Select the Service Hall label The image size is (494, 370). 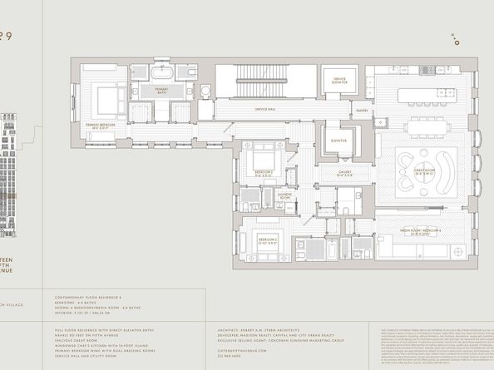266,110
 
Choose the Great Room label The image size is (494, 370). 424,171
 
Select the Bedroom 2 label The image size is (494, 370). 268,241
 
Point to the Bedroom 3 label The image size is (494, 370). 264,173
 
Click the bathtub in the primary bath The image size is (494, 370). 165,74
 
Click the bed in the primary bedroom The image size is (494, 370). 106,101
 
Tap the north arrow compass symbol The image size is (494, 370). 455,38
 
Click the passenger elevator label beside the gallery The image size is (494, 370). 337,141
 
